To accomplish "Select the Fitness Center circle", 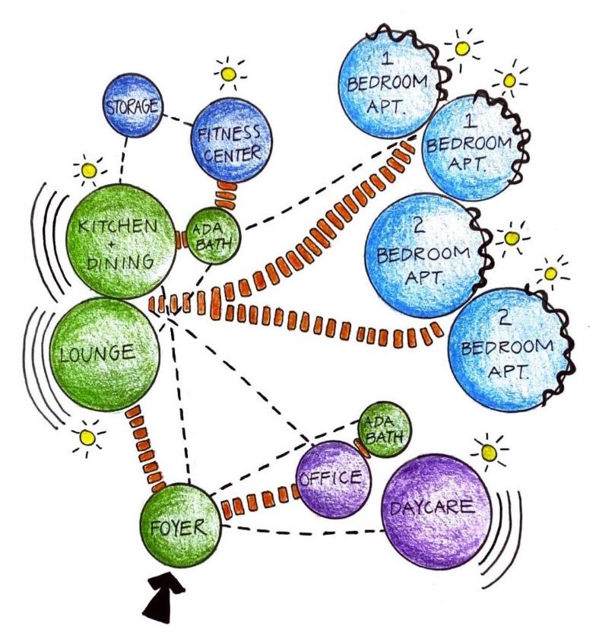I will pos(230,143).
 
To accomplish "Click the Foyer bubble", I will pos(180,526).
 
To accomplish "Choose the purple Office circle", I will pos(332,479).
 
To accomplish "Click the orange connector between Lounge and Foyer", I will pos(144,449).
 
